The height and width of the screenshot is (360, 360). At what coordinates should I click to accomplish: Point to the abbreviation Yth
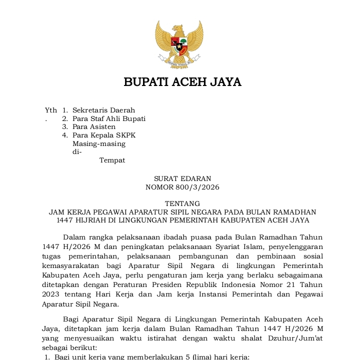50,110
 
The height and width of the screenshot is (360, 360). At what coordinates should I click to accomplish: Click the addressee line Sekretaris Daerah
103,110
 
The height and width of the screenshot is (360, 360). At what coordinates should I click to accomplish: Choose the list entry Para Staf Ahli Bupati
109,118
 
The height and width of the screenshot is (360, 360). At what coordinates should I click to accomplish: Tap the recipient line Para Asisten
94,127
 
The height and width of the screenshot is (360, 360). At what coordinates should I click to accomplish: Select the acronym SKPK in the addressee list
125,135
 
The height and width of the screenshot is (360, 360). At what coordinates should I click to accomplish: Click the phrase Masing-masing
99,144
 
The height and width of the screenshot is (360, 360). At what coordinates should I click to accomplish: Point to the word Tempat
112,160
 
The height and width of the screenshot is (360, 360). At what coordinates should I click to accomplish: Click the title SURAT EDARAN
182,178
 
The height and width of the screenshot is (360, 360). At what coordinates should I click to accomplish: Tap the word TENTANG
182,203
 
